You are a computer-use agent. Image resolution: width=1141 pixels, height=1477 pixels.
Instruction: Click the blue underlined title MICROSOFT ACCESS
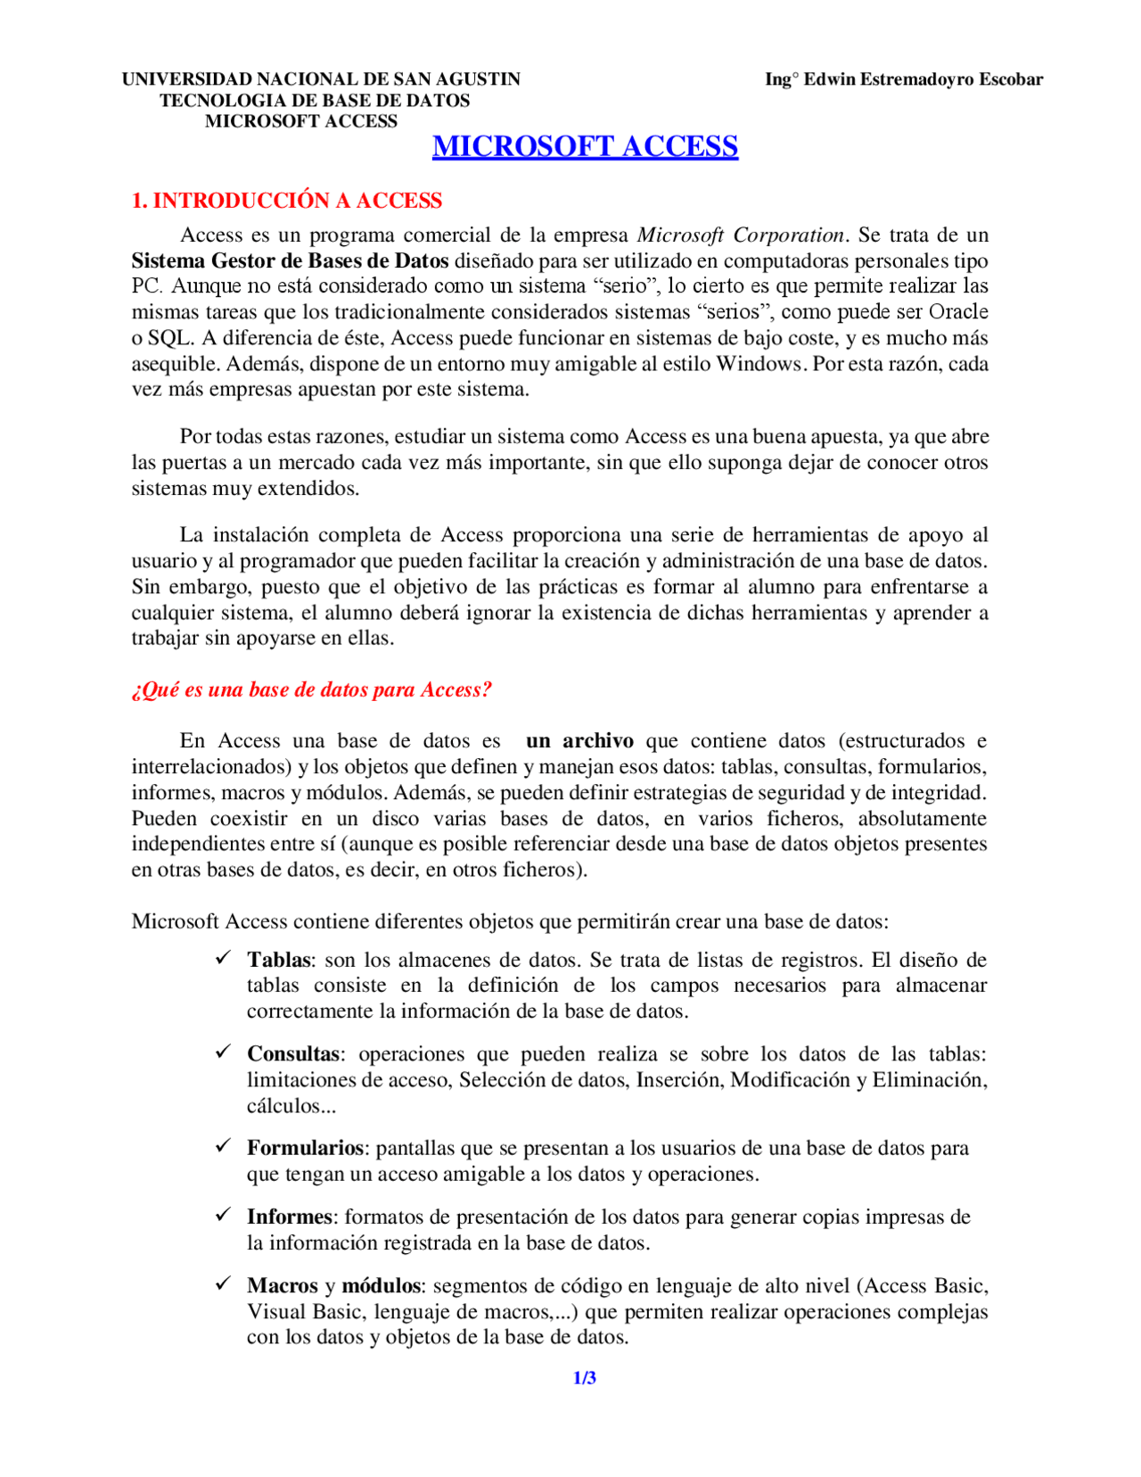[585, 146]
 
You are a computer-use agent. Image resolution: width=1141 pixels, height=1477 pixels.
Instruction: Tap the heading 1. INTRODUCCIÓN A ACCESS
[287, 201]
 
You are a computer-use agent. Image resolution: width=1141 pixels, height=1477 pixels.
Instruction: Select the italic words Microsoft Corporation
[740, 235]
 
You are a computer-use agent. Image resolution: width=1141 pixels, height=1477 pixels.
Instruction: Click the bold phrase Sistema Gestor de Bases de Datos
[290, 261]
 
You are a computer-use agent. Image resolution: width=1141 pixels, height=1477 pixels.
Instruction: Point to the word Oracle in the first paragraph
[958, 312]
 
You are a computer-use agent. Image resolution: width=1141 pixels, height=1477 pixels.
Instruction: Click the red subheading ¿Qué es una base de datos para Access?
[311, 690]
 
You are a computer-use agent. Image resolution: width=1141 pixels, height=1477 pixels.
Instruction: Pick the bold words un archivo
[579, 741]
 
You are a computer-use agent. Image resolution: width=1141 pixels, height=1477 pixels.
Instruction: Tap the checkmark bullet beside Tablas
[224, 958]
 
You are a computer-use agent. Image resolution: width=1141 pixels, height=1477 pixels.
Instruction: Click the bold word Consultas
[293, 1054]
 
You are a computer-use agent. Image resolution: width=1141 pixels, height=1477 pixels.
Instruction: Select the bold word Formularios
[305, 1148]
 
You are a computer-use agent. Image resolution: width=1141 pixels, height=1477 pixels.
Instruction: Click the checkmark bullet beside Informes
[224, 1215]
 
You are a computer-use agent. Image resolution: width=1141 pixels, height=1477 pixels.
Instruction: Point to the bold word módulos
[381, 1286]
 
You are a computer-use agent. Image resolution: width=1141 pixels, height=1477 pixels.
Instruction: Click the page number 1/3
[584, 1378]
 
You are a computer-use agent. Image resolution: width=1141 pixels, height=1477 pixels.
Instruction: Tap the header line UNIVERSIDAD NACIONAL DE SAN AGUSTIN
[321, 79]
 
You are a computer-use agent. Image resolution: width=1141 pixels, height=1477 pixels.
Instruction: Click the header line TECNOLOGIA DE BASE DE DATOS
[315, 101]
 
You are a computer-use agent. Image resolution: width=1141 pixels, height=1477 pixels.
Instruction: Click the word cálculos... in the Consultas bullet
[291, 1106]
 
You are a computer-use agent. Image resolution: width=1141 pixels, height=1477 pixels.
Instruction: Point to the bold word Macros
[282, 1286]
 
